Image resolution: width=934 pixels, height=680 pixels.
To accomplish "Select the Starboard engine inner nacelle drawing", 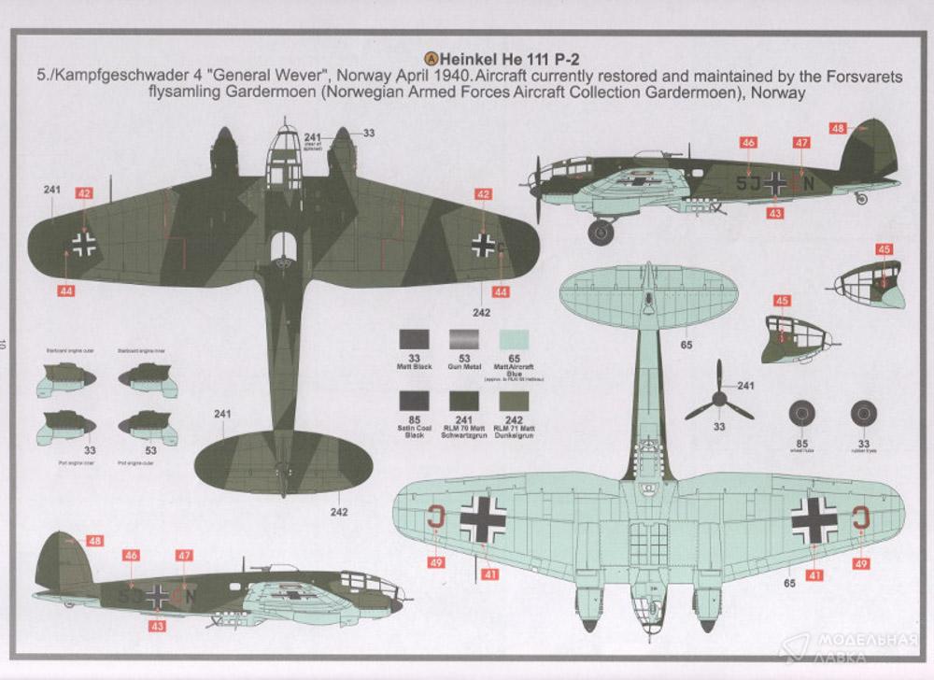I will [144, 374].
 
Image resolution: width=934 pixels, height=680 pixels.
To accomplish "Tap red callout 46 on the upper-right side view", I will [747, 143].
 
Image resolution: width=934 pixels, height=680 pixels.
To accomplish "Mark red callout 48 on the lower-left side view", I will [94, 541].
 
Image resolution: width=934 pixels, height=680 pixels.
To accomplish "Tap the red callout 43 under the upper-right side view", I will [774, 213].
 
